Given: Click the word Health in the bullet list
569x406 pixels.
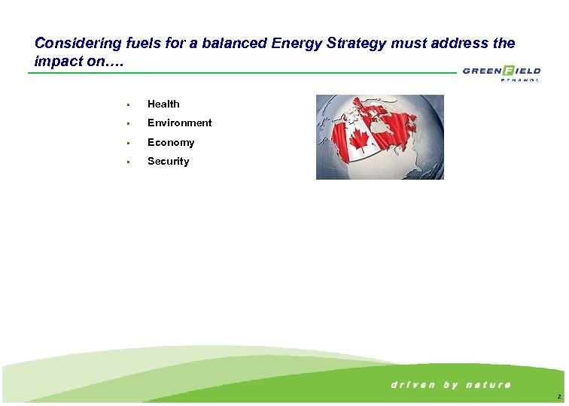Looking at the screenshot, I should [163, 104].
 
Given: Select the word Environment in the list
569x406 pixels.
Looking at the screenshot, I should [179, 123].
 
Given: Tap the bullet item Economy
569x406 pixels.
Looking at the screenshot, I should [171, 142].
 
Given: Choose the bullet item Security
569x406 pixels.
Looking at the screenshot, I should [169, 161].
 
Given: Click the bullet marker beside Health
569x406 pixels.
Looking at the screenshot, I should [129, 105].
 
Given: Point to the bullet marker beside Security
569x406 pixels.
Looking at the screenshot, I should [129, 162].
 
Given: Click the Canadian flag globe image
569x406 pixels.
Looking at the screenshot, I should [379, 137].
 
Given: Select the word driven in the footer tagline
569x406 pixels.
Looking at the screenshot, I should [412, 385].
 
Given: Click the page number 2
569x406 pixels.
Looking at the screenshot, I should [558, 396].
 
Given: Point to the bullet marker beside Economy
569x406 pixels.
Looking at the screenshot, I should [129, 143].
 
